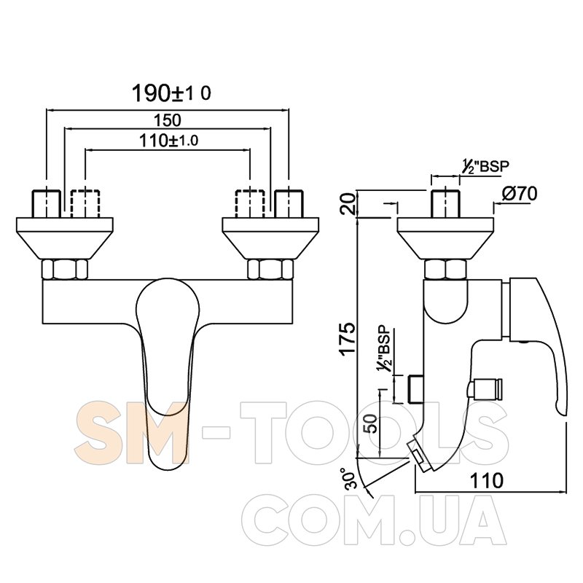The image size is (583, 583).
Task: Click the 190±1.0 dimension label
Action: (x=171, y=93)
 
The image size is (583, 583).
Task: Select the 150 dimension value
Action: (x=168, y=120)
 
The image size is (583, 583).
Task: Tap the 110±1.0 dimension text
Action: (x=168, y=141)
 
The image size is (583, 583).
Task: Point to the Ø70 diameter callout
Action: (x=520, y=194)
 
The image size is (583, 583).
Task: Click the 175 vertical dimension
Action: (x=349, y=340)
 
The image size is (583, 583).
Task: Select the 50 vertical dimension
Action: (x=371, y=424)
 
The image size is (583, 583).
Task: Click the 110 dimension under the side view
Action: (x=487, y=481)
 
